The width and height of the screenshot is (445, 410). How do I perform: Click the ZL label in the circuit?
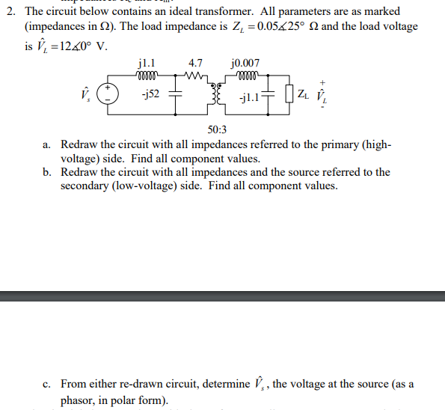[x=302, y=94]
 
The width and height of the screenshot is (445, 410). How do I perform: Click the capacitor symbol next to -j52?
[x=176, y=95]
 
